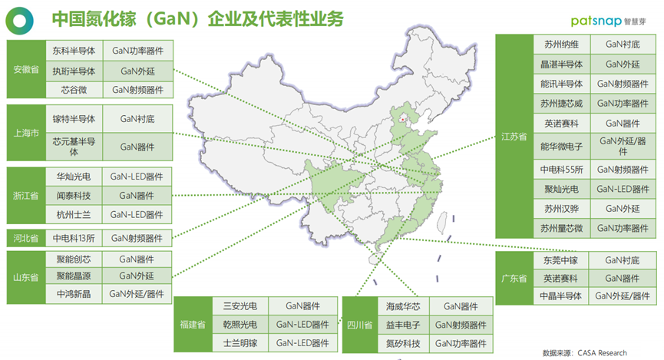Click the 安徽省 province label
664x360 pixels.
pos(25,70)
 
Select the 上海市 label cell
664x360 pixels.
pos(25,132)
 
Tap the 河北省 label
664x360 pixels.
pos(25,238)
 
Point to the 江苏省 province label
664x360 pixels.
pos(514,136)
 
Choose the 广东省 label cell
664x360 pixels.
pos(514,277)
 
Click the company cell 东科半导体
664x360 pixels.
pos(74,51)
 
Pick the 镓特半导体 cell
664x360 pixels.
pos(74,119)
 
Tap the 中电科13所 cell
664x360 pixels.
pos(73,238)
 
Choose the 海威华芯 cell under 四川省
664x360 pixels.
pos(402,306)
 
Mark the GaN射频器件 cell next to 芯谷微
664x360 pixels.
pos(137,90)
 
